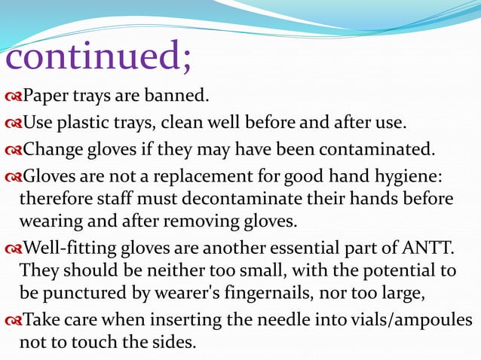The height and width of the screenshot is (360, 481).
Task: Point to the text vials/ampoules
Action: pos(411,319)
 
